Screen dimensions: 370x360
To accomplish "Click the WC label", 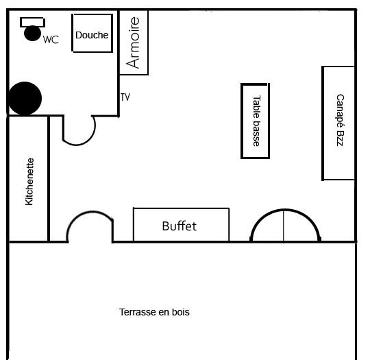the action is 51,40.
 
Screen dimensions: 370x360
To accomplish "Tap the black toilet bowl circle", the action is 33,34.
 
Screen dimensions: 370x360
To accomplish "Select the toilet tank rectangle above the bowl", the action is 33,22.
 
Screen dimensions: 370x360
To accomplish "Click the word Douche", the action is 92,35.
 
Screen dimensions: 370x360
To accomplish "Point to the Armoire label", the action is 133,43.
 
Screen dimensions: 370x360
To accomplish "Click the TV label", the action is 125,97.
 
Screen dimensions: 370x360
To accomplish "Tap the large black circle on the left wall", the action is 25,98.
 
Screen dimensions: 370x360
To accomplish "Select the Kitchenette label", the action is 29,182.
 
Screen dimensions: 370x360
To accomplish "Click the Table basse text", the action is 256,121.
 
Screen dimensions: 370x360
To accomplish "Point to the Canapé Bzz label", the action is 341,120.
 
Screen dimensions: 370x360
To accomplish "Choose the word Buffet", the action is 179,226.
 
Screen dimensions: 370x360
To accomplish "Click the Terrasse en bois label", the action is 154,312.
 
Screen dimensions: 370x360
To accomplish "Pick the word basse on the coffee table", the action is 256,134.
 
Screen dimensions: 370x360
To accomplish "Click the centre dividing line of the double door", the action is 284,226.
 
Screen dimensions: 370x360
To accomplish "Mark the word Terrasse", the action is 137,312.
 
